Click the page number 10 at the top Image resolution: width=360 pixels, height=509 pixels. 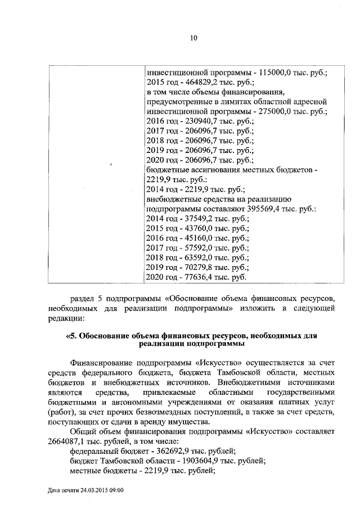point(193,38)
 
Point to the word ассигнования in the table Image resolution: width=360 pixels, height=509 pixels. point(218,169)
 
